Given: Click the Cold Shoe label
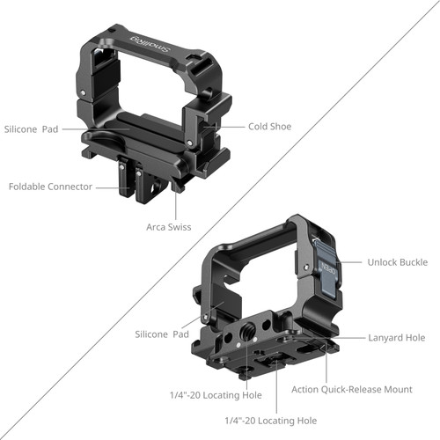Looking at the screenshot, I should coord(269,127).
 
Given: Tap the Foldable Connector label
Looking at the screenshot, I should coord(51,187).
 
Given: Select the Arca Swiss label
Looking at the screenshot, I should coord(169,227).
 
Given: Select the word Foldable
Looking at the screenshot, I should coord(30,187).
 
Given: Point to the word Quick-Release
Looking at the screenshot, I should coord(361,390).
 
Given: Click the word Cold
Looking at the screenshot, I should coord(258,127).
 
